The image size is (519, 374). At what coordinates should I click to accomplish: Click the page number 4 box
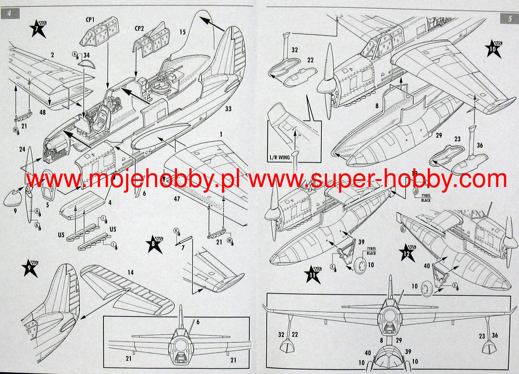click(10, 14)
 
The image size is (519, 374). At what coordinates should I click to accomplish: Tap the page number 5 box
click(509, 18)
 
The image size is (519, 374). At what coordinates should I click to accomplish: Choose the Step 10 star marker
click(494, 49)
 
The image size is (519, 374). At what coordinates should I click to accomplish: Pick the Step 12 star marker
click(407, 253)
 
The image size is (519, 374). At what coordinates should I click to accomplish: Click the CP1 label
click(90, 20)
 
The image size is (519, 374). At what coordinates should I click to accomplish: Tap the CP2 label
click(139, 28)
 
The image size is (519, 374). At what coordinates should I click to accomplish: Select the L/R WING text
click(279, 157)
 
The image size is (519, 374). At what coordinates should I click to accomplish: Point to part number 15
click(182, 32)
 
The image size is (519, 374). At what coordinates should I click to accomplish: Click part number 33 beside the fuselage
click(228, 109)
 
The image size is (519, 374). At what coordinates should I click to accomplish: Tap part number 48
click(43, 112)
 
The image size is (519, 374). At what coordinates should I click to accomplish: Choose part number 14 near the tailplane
click(130, 273)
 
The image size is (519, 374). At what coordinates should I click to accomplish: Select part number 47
click(177, 199)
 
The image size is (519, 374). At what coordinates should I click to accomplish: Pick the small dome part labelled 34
click(86, 63)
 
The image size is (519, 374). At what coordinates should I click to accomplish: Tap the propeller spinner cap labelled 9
click(12, 198)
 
